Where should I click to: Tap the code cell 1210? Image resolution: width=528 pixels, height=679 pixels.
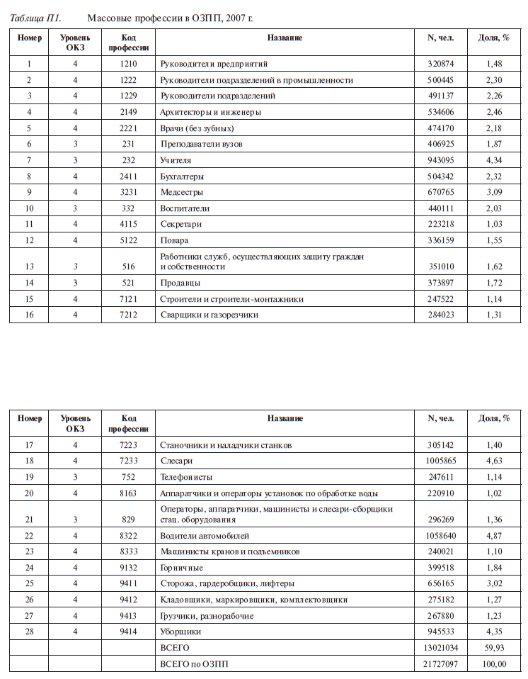coord(128,64)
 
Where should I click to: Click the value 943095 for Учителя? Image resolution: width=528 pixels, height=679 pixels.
coord(441,160)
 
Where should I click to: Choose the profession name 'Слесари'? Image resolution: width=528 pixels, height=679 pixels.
coord(177,461)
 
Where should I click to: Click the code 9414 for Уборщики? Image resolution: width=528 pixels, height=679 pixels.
coord(128,631)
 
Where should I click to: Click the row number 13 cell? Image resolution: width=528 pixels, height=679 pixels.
coord(29,266)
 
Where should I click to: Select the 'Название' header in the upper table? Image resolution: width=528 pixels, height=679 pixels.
coord(285,37)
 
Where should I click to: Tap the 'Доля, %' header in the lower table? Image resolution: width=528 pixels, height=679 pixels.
coord(494,418)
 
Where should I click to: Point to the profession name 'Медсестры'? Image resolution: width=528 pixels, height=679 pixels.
coord(182,192)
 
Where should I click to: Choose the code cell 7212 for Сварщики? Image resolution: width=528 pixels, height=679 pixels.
coord(128,314)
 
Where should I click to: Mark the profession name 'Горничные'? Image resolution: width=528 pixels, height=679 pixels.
coord(182,568)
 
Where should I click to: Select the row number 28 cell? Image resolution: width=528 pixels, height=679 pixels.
coord(29,631)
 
